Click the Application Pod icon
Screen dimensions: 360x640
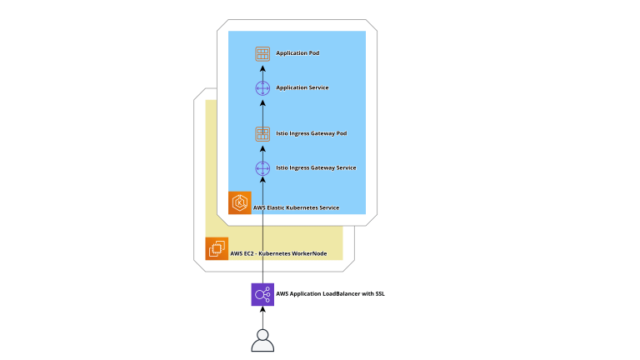[262, 53]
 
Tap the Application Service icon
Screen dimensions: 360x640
[262, 87]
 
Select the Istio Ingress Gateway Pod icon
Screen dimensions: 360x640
[262, 133]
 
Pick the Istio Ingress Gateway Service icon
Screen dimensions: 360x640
[262, 167]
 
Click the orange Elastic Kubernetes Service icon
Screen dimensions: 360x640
[240, 202]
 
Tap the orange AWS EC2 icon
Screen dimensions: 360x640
[217, 248]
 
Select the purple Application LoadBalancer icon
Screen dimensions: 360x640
[262, 294]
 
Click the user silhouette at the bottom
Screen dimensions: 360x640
[262, 340]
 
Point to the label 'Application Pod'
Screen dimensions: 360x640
[297, 53]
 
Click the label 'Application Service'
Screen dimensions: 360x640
[302, 87]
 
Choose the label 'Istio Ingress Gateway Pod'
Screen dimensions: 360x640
[312, 133]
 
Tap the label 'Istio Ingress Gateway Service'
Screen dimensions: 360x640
[316, 167]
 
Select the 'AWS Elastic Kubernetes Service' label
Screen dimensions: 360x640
[296, 207]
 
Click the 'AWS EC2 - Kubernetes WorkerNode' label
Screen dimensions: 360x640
[278, 253]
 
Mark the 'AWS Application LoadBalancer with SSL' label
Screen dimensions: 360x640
[330, 294]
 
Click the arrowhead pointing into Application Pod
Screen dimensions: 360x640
[262, 67]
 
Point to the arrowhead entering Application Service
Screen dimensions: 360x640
[262, 102]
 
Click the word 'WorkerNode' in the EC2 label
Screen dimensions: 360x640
[309, 253]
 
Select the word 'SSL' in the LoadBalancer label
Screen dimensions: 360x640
[379, 294]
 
